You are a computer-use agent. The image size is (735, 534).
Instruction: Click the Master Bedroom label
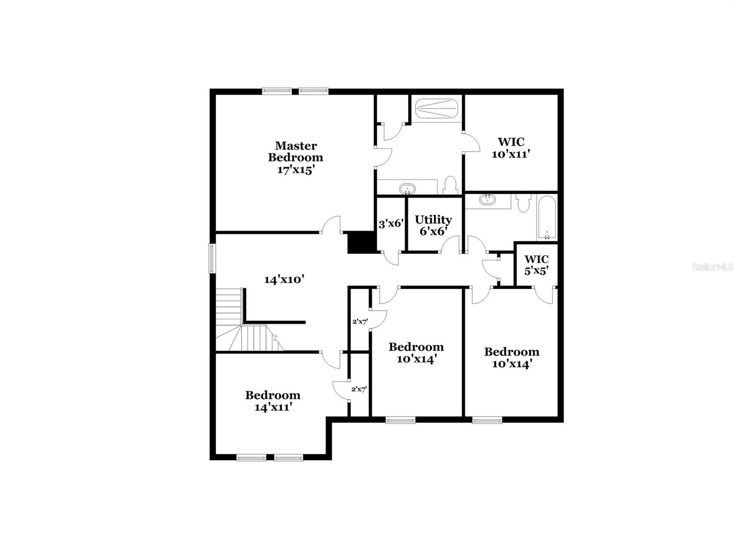295,152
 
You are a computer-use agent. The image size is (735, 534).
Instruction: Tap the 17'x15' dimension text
295,169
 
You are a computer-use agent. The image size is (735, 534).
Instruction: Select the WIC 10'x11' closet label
511,148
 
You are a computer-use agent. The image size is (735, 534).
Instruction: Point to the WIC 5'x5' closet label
536,265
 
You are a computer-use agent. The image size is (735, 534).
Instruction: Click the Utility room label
433,219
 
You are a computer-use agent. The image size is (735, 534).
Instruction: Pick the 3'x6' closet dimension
391,224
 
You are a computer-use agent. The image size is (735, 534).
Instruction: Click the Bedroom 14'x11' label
273,400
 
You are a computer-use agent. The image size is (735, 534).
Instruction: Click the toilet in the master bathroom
450,185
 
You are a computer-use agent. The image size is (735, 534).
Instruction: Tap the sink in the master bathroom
407,188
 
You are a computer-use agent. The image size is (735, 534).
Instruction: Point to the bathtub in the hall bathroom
547,218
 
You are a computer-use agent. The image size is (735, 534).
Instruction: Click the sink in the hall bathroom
486,200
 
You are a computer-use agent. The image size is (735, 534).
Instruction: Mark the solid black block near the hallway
362,242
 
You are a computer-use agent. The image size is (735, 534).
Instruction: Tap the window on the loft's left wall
212,258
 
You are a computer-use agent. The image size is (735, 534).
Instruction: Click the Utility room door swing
451,245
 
